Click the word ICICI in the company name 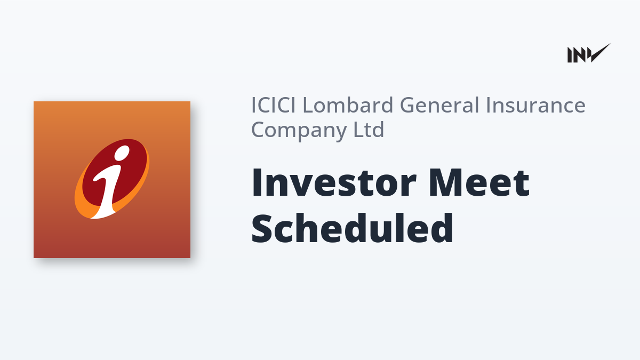click(x=274, y=105)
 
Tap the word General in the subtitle click(x=441, y=105)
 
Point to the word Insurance click(x=535, y=105)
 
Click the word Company click(x=299, y=130)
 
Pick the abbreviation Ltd click(x=369, y=129)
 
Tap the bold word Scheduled click(x=353, y=228)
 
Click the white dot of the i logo click(x=122, y=153)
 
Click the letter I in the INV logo click(x=569, y=55)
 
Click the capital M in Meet click(x=446, y=183)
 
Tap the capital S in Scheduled click(x=262, y=229)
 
